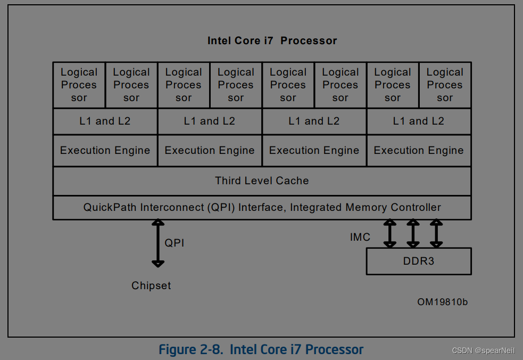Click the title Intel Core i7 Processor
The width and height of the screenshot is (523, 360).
[272, 40]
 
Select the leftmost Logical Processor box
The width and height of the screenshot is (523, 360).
[79, 85]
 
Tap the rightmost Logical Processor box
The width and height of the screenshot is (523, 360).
[445, 85]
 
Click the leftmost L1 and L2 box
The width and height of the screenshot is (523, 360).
[105, 121]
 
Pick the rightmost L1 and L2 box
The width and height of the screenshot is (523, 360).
[418, 121]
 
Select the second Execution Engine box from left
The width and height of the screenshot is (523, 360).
[210, 151]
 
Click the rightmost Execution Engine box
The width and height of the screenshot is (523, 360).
[418, 151]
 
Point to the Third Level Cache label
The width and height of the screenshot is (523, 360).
[262, 181]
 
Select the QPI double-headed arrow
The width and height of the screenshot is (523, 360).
[158, 243]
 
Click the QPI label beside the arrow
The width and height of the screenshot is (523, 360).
[175, 243]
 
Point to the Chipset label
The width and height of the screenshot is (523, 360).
[151, 285]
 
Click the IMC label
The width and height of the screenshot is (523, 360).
[360, 237]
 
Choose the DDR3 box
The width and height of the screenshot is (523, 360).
[419, 261]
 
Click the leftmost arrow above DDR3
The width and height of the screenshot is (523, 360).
[390, 234]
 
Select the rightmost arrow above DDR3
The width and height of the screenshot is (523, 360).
[436, 234]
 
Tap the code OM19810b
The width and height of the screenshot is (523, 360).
[442, 302]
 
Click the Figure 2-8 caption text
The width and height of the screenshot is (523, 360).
[261, 349]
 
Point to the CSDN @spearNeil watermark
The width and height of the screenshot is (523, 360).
[483, 350]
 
